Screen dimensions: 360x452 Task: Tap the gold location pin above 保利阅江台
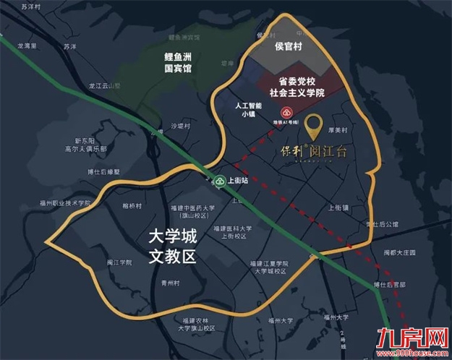(x=314, y=127)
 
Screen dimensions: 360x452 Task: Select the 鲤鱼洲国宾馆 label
(x=178, y=61)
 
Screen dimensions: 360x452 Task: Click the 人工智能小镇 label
(x=249, y=109)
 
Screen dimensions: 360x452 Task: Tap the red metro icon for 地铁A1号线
(x=287, y=113)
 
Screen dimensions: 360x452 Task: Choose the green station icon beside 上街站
(x=220, y=180)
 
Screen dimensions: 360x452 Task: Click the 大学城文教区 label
(x=171, y=245)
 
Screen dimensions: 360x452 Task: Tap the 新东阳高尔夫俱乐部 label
(x=85, y=144)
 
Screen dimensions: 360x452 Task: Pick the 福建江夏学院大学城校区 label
(x=271, y=267)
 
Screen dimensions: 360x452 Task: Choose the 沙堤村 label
(x=181, y=126)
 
